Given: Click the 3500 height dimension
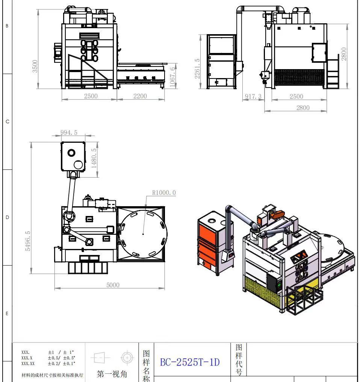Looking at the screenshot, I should click(x=35, y=66).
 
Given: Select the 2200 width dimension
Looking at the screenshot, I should click(x=140, y=96).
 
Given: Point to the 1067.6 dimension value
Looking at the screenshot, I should click(x=172, y=77).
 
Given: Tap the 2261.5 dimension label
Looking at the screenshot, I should click(x=197, y=68).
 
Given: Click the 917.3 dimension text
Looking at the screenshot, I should click(x=253, y=97).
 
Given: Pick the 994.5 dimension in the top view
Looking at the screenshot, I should click(x=69, y=132).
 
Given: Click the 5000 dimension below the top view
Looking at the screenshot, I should click(x=113, y=285).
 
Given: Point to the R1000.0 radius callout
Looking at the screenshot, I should click(x=164, y=193).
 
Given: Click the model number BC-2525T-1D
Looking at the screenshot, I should click(x=190, y=362).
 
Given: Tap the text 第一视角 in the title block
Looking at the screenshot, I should click(x=112, y=374).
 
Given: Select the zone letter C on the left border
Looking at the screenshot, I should click(x=7, y=122).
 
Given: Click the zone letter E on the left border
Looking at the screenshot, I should click(x=7, y=314).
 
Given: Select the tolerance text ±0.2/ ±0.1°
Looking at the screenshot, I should click(x=61, y=364).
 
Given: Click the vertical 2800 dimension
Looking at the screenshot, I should click(x=344, y=54).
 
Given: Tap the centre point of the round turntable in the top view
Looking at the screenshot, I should click(x=144, y=234).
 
